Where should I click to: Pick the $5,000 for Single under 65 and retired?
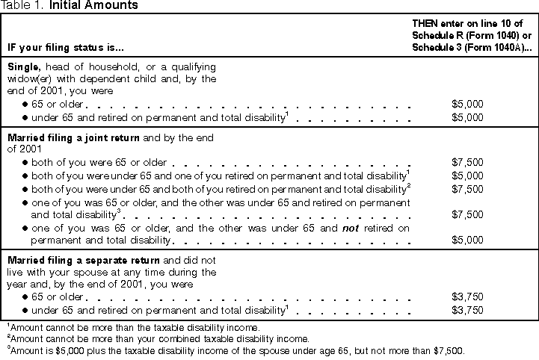tap(469, 117)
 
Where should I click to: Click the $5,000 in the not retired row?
tap(469, 240)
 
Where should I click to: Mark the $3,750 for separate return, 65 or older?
tap(469, 296)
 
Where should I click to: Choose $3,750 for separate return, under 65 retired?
tap(469, 309)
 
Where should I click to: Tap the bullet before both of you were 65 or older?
tap(25, 161)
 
